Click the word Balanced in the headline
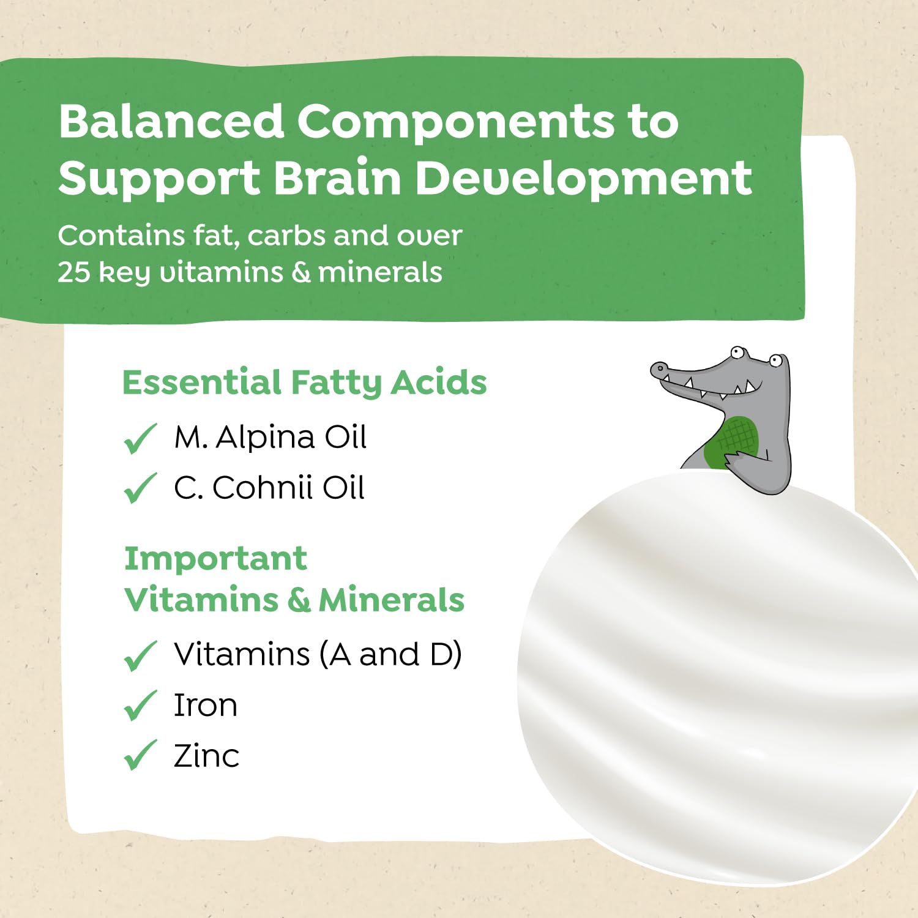click(x=171, y=121)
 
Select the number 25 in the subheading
click(x=73, y=272)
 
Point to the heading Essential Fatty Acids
click(x=304, y=383)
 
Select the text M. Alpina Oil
click(x=270, y=438)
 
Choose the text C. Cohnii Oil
click(x=269, y=488)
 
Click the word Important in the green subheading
click(x=215, y=558)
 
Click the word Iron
click(x=205, y=705)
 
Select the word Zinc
click(x=206, y=756)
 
